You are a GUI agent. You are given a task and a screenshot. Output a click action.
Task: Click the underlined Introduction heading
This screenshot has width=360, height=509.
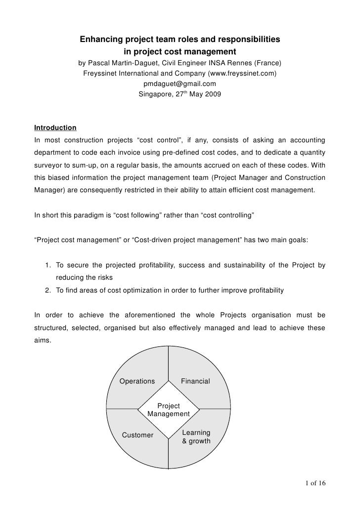(x=55, y=128)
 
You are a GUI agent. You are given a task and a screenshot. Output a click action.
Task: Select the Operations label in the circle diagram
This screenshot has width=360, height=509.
(x=138, y=382)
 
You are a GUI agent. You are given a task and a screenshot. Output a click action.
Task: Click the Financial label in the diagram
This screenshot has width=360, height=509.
(x=195, y=382)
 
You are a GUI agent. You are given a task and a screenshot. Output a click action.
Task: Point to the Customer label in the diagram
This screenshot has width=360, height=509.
(x=138, y=435)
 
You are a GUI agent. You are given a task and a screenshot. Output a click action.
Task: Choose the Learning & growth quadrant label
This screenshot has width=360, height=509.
(x=196, y=437)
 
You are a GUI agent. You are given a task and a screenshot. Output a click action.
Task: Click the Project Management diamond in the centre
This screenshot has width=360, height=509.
(x=169, y=410)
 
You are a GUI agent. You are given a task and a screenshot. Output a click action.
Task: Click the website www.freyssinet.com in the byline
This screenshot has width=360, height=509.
(x=242, y=74)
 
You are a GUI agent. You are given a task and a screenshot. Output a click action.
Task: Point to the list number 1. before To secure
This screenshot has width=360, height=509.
(x=48, y=265)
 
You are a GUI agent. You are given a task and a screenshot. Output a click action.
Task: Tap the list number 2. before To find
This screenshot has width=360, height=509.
(x=48, y=291)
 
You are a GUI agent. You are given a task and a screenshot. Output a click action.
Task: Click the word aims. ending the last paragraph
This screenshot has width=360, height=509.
(x=42, y=340)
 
